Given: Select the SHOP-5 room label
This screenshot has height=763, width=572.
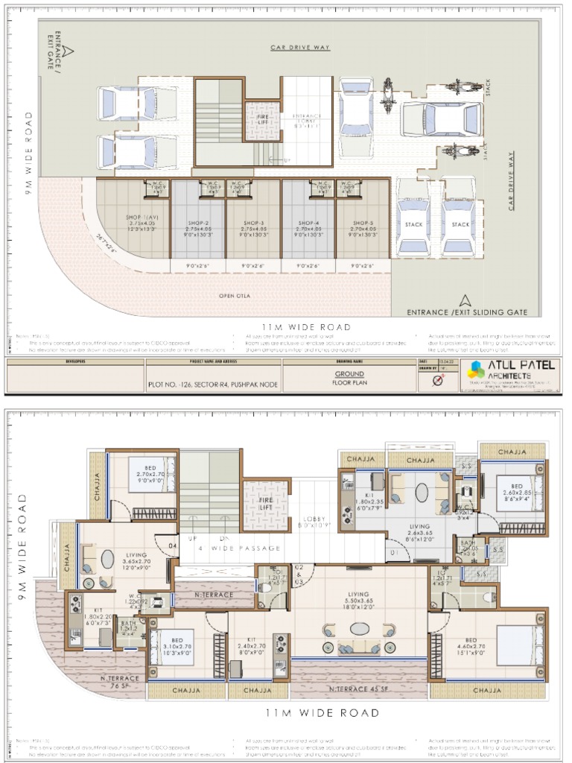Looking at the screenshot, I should (363, 222).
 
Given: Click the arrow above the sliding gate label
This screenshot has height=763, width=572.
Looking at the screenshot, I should (465, 300).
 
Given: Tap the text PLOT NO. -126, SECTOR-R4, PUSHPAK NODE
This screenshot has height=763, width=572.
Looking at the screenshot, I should (213, 386).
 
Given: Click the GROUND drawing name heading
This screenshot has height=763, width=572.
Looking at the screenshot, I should (349, 374).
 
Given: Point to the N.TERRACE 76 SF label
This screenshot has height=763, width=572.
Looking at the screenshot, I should (119, 681).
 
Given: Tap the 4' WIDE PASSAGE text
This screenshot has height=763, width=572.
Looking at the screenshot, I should (240, 548).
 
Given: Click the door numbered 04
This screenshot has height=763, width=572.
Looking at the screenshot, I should (172, 547).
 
